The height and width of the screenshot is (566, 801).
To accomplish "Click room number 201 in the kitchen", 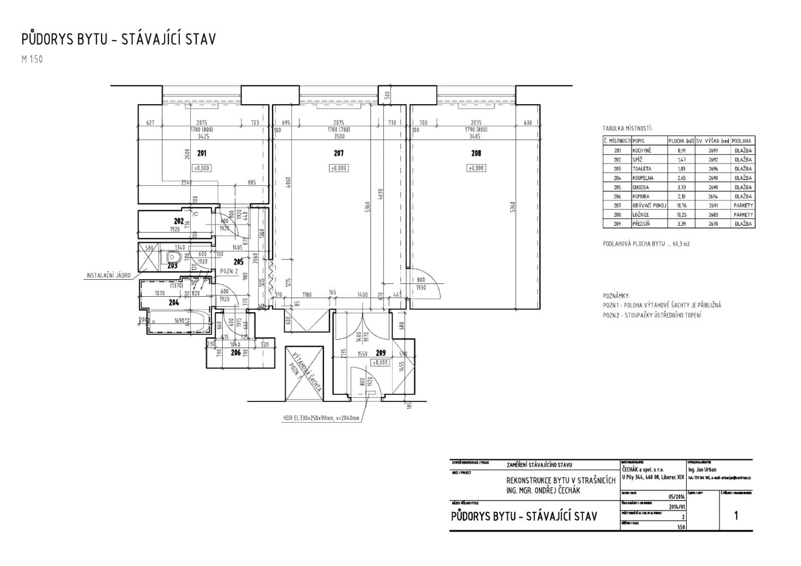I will [202, 153].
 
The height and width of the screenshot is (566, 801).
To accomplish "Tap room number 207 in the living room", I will [338, 153].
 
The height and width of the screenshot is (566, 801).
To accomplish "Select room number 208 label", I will [476, 153].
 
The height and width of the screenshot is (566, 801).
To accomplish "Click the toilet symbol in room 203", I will [173, 258].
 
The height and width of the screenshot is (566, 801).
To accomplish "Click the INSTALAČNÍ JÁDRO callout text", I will [108, 275].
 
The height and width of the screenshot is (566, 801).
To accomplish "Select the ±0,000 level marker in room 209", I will [380, 363].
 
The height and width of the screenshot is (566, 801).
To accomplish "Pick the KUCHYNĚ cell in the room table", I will [642, 150].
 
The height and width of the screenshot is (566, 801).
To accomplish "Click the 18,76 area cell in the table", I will [681, 206].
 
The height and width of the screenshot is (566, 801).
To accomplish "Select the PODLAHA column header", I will [742, 141].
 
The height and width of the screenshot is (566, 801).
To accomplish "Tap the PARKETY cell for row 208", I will [743, 215].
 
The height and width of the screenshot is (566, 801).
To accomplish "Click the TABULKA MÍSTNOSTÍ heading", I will [627, 128].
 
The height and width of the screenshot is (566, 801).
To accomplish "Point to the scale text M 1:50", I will [32, 59].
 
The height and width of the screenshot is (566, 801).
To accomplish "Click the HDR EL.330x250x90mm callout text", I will [321, 418].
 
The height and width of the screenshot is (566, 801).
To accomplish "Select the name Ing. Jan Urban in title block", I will [702, 470].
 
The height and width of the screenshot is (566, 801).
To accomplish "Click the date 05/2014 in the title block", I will [676, 496].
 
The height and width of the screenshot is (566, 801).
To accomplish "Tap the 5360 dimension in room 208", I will [513, 207].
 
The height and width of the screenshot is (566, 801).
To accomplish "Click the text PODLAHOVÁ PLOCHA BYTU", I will [633, 244].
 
